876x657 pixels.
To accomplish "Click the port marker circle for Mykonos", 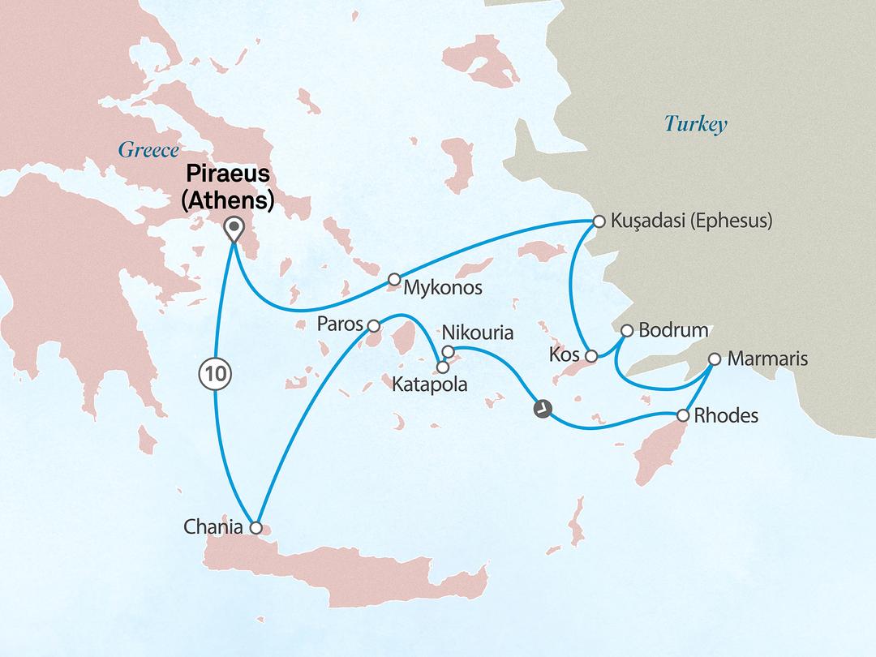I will (394, 279).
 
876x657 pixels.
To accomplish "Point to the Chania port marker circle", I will (256, 527).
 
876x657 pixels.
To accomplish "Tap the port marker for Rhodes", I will (683, 415).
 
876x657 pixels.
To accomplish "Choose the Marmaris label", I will (768, 359).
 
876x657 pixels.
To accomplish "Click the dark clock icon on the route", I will (541, 410).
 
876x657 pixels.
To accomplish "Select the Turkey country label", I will (695, 124).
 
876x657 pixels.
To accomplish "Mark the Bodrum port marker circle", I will (627, 331).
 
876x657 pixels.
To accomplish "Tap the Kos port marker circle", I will (592, 356).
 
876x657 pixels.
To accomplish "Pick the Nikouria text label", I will (479, 333).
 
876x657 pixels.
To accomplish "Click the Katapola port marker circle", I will (443, 366).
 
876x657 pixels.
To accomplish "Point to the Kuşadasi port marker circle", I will (599, 221).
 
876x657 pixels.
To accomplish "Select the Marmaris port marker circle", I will (715, 359).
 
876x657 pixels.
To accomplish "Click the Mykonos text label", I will (444, 288).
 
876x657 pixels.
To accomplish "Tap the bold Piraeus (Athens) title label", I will (230, 186).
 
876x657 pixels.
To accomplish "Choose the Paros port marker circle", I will (373, 326).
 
